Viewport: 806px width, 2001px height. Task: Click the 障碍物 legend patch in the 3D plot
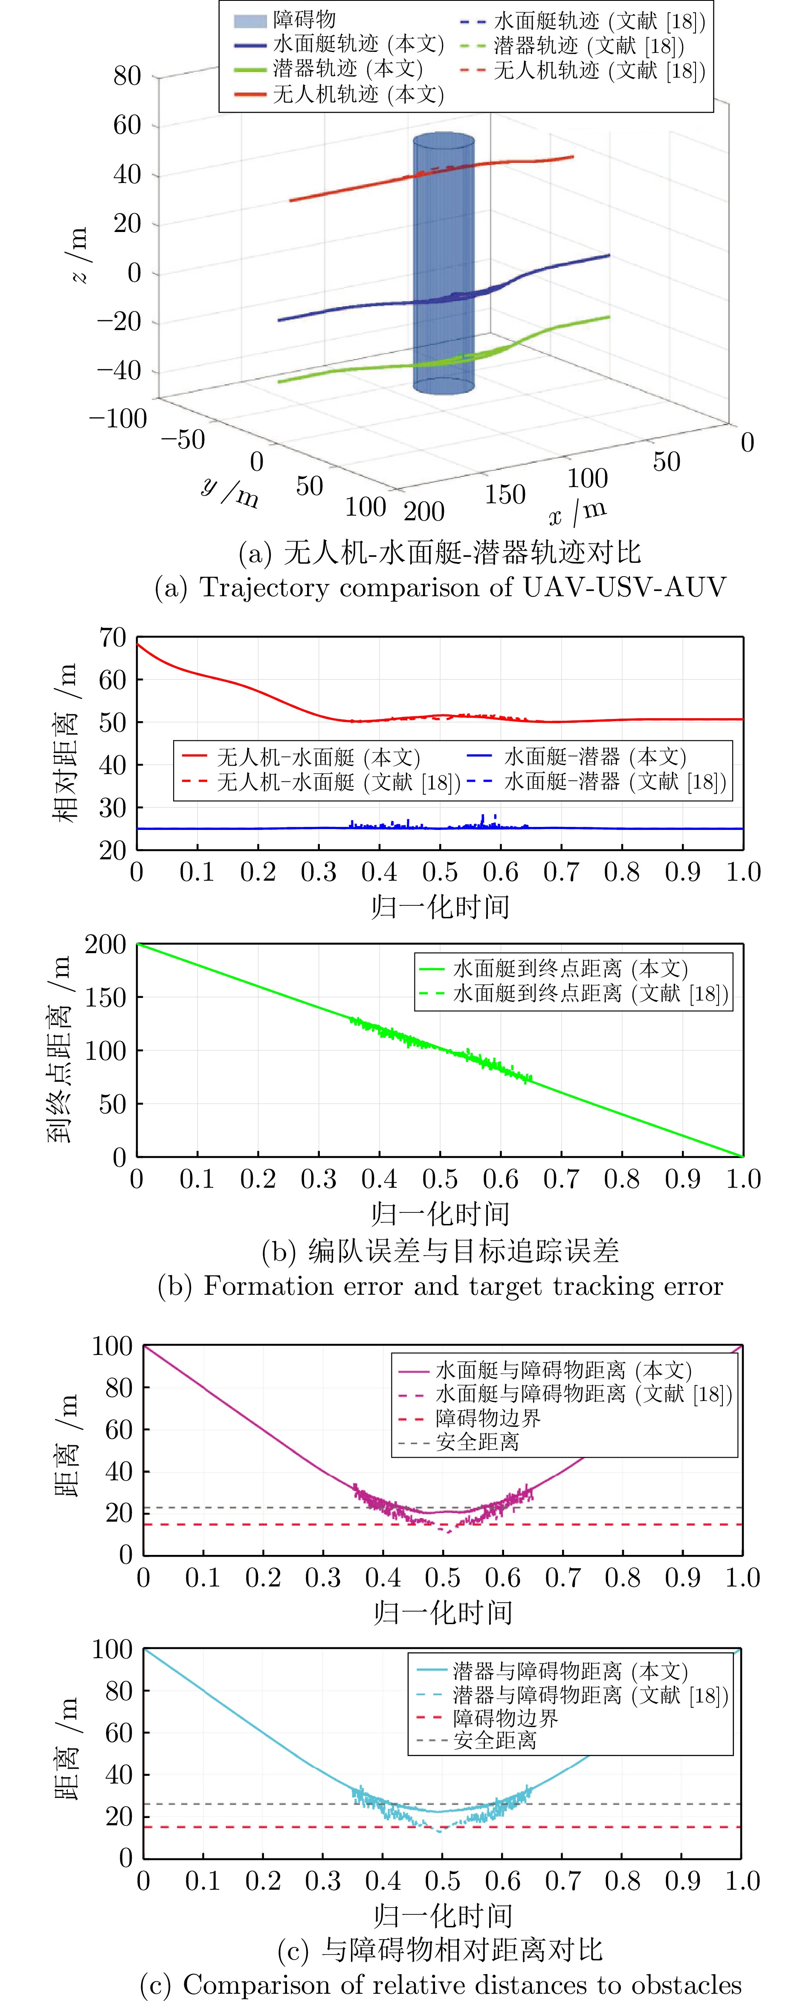click(250, 20)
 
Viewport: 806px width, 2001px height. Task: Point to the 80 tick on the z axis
click(127, 76)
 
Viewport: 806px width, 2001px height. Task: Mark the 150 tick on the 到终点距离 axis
click(106, 998)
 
